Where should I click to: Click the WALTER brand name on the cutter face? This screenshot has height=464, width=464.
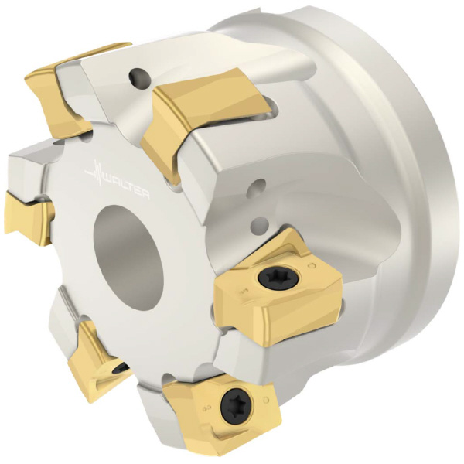[128, 184]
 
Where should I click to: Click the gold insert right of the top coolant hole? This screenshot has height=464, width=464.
[204, 118]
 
